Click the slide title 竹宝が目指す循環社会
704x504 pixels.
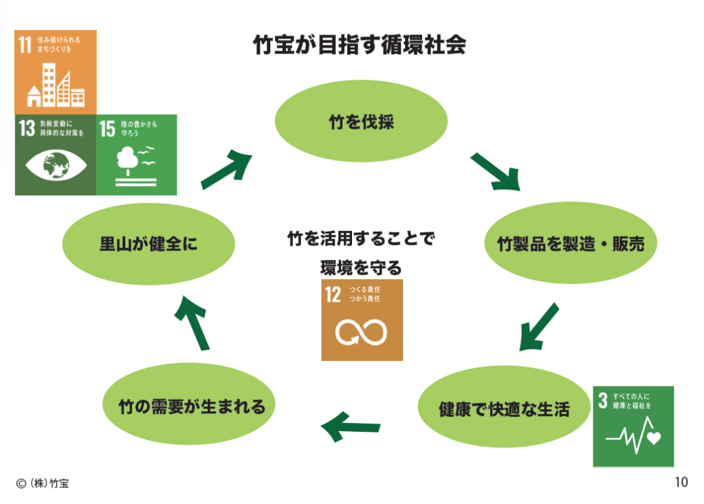point(360,45)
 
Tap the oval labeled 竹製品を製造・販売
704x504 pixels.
point(570,243)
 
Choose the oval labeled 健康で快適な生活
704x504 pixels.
point(504,409)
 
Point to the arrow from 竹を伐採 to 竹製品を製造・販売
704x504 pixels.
point(495,172)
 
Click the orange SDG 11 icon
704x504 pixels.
point(56,69)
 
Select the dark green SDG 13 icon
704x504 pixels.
point(56,153)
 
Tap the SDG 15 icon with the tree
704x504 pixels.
point(137,153)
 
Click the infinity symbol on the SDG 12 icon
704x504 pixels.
point(362,332)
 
